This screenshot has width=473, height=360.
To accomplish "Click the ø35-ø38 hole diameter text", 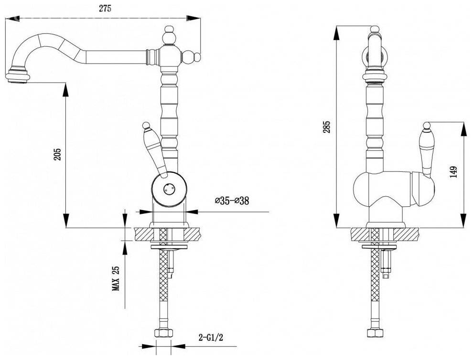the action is click(x=232, y=201).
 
